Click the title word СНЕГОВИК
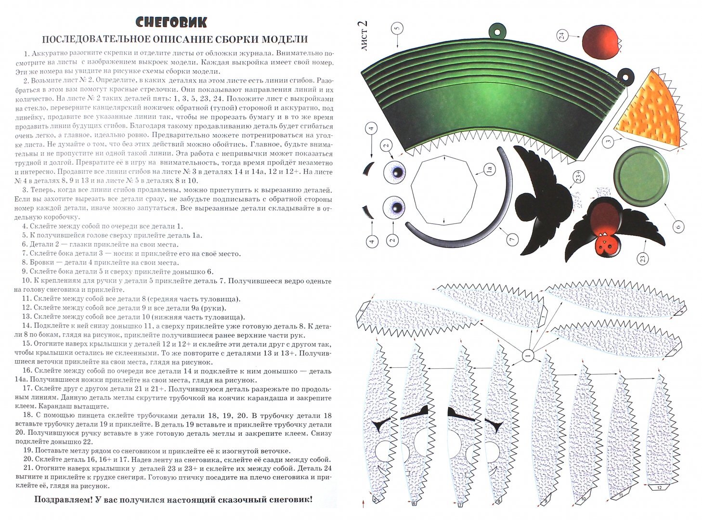pos(171,22)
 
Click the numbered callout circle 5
pos(397,28)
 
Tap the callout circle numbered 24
pos(562,35)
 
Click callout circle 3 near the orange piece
pos(609,142)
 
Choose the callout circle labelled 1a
pos(488,169)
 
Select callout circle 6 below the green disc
pos(676,226)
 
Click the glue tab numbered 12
pos(659,489)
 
